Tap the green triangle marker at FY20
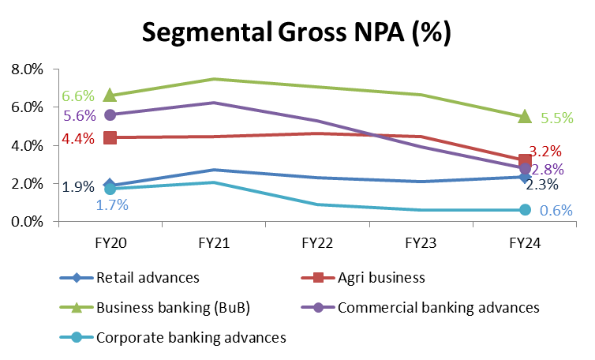click(x=110, y=95)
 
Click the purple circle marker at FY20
click(x=110, y=114)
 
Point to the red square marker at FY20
click(x=110, y=137)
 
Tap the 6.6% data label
click(x=79, y=96)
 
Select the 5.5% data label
click(x=557, y=118)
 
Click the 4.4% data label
click(x=79, y=140)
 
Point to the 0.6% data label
click(x=556, y=211)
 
